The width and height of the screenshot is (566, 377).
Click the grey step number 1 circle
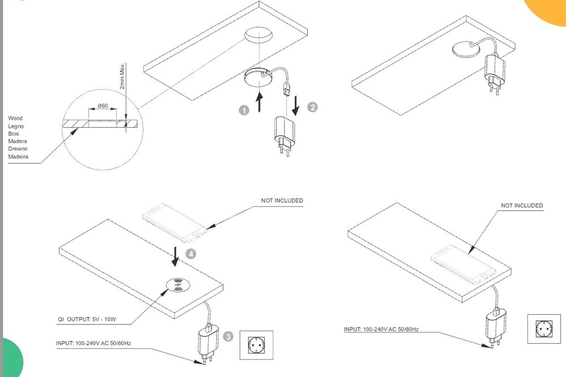(244, 111)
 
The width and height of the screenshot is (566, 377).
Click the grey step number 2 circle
(312, 107)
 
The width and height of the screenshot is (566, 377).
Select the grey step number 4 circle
(191, 254)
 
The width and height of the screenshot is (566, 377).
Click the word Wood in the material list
(15, 119)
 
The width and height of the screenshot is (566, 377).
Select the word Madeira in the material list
(18, 157)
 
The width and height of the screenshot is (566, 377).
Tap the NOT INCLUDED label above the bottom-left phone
(281, 201)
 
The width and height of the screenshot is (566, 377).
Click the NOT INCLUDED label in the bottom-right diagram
(521, 206)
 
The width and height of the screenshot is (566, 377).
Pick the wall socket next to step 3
(257, 345)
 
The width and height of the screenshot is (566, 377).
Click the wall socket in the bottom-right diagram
(543, 328)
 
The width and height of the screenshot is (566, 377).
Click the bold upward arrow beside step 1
(259, 102)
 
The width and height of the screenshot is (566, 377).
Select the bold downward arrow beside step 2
(295, 105)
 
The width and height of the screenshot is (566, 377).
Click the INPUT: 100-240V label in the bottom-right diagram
(381, 329)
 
